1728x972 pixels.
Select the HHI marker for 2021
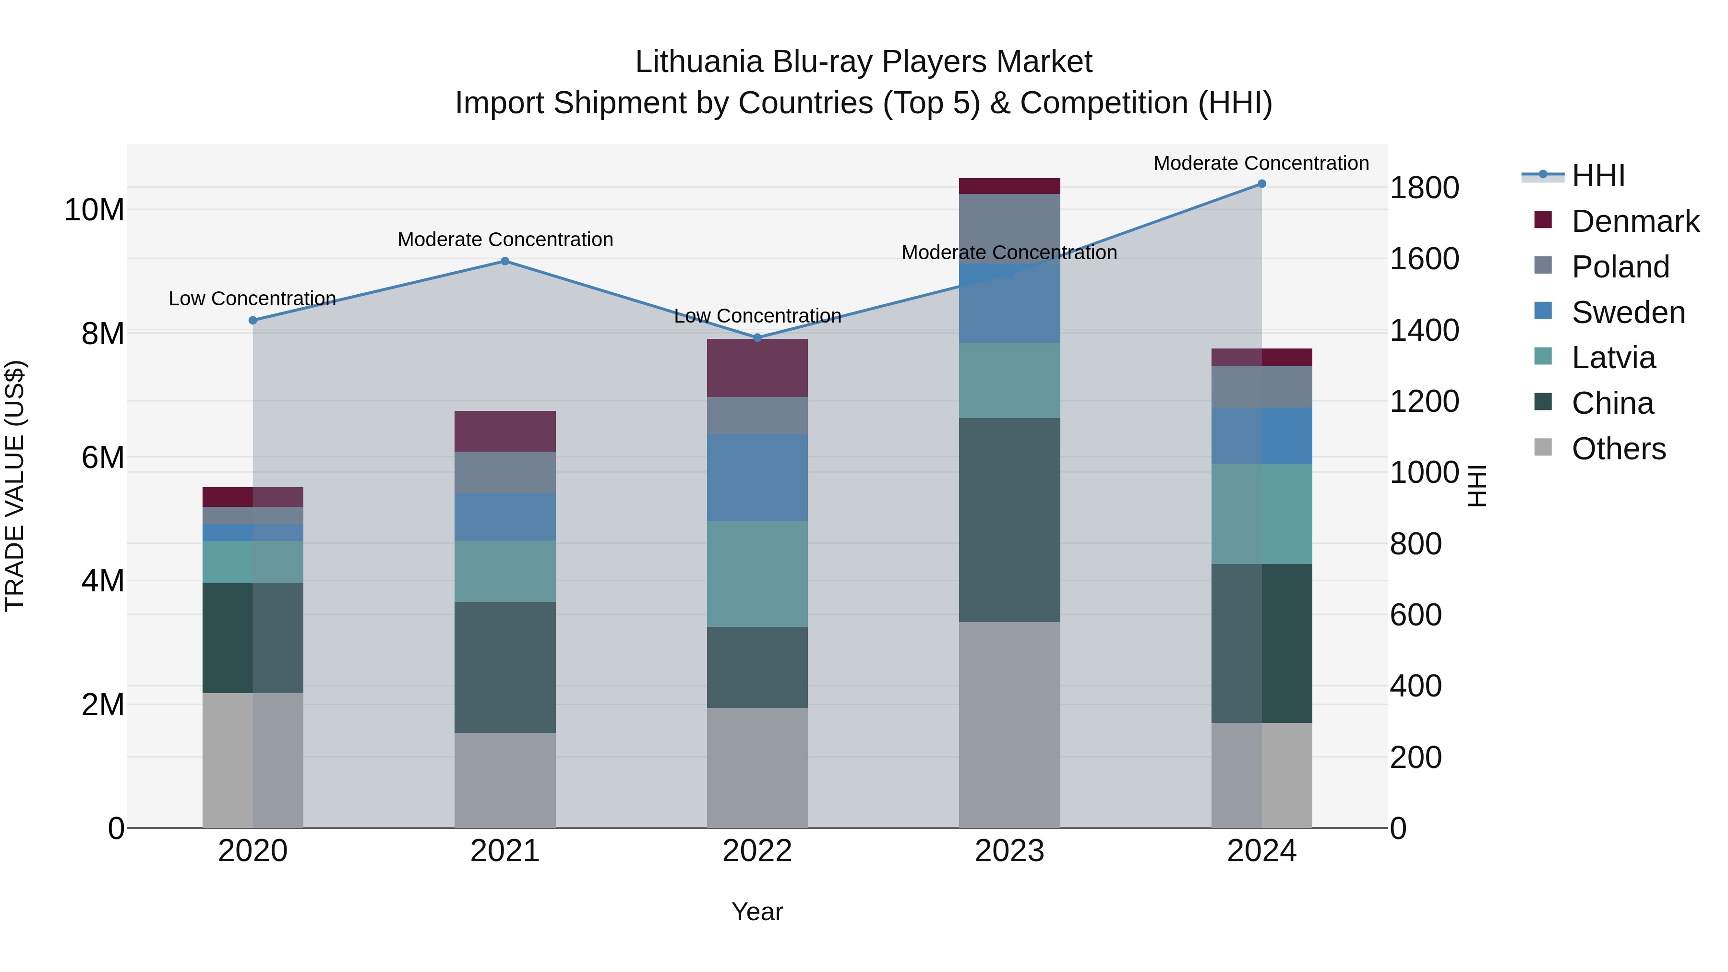[x=505, y=261]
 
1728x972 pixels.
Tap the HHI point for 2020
[x=253, y=321]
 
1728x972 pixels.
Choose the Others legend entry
[x=1618, y=449]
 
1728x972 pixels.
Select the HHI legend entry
[x=1598, y=176]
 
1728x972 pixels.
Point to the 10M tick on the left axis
[x=94, y=210]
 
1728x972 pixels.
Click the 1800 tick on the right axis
[x=1424, y=188]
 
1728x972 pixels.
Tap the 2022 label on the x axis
[x=757, y=851]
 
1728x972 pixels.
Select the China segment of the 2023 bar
[x=1009, y=520]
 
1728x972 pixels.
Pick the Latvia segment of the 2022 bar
[x=757, y=574]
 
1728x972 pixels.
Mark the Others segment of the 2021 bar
[x=505, y=780]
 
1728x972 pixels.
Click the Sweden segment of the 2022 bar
[x=757, y=478]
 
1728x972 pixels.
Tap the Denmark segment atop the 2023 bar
[x=1009, y=186]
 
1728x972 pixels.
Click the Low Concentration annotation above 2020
[x=252, y=299]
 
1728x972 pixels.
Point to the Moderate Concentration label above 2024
[x=1261, y=163]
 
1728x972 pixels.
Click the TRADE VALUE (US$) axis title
[x=15, y=486]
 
